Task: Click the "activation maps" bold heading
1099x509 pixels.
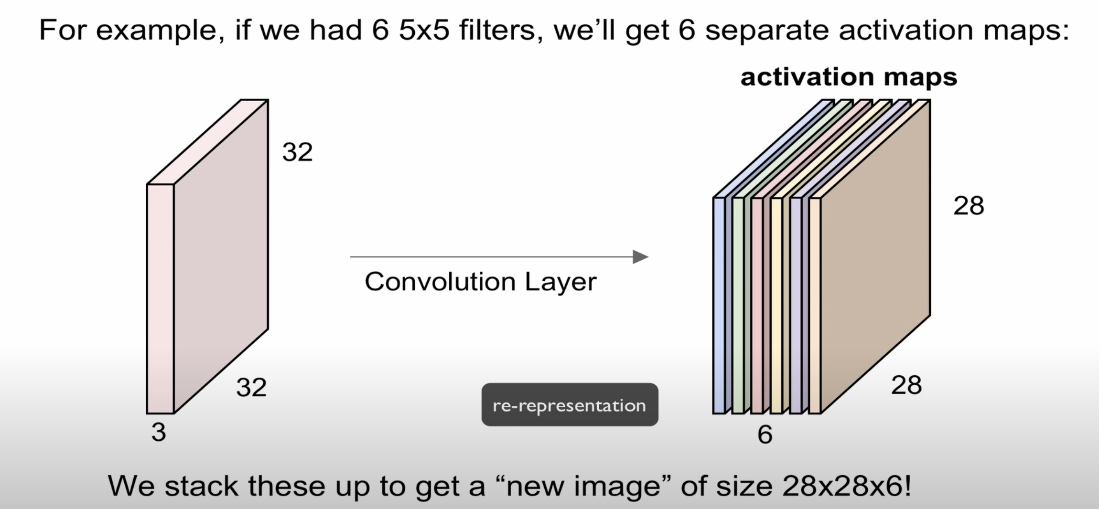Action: click(x=849, y=77)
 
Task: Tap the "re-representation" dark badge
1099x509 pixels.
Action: click(x=570, y=405)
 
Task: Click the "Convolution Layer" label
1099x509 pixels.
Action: click(x=480, y=281)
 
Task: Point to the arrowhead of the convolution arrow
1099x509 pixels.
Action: click(x=640, y=257)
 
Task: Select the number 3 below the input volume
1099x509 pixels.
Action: click(x=159, y=432)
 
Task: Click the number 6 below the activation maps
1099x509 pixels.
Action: click(x=765, y=435)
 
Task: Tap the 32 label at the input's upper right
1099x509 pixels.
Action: click(x=297, y=152)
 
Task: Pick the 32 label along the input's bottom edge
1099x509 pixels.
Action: click(x=251, y=387)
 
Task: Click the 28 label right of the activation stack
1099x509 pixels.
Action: click(x=969, y=206)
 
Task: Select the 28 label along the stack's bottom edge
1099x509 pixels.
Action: click(x=906, y=385)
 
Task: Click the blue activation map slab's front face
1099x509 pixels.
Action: click(x=719, y=306)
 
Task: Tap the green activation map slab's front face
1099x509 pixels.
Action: click(x=738, y=306)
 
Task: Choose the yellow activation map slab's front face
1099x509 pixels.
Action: click(x=776, y=306)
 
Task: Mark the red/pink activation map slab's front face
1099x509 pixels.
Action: click(x=757, y=306)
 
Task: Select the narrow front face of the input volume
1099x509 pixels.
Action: click(x=160, y=298)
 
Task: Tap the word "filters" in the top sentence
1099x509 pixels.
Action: click(x=497, y=30)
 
